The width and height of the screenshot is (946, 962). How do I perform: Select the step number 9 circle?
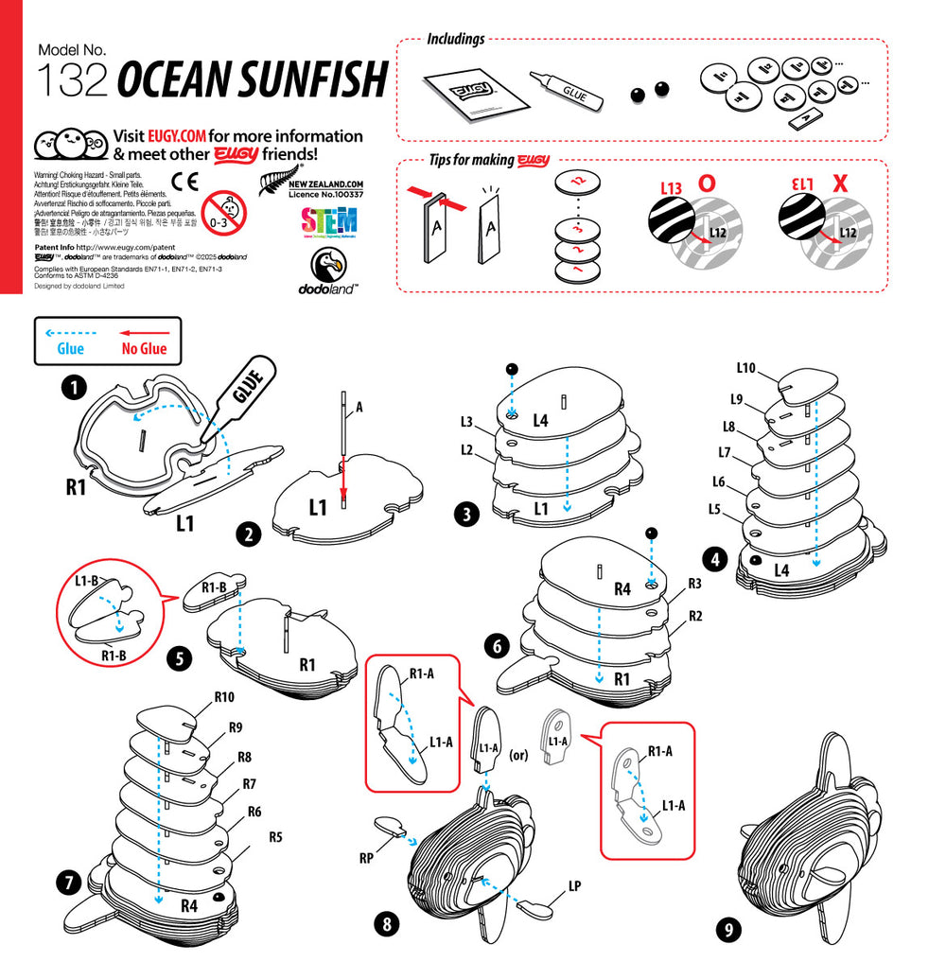(x=728, y=930)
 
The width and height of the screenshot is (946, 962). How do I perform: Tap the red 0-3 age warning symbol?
(x=223, y=209)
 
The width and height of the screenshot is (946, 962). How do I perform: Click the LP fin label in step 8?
(x=574, y=886)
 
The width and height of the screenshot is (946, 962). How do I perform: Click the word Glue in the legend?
(x=70, y=348)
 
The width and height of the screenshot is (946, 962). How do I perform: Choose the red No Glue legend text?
(x=144, y=348)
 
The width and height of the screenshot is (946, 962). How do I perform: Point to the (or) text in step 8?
(x=517, y=755)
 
